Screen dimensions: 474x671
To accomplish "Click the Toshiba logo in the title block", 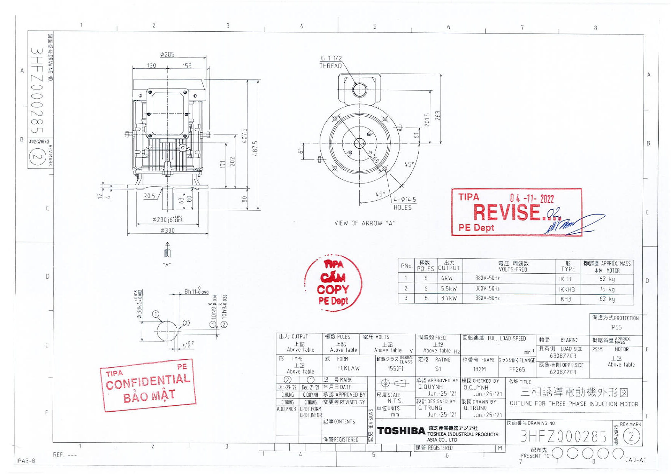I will point(401,431).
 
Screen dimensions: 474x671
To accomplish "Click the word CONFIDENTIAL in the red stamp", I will point(148,381).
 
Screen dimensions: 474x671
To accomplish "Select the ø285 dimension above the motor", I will point(167,55).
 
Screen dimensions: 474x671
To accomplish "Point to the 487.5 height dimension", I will point(255,148).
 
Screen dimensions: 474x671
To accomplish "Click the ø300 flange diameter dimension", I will point(167,231).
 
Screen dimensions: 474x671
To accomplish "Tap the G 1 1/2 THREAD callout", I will point(331,62).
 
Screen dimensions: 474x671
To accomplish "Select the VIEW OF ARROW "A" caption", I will point(364,223).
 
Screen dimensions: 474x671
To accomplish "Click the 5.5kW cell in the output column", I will point(449,289).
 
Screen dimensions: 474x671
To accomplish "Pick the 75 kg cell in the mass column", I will point(607,289).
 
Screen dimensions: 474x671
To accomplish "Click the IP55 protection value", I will point(616,327).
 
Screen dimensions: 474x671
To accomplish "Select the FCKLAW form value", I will point(348,368).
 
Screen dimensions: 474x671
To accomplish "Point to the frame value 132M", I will point(479,369).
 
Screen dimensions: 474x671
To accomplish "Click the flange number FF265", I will point(517,369).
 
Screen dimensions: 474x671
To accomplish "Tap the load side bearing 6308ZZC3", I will point(563,356).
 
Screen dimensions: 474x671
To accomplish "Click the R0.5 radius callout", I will point(149,196).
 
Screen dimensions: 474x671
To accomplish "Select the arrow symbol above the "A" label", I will point(167,250).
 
